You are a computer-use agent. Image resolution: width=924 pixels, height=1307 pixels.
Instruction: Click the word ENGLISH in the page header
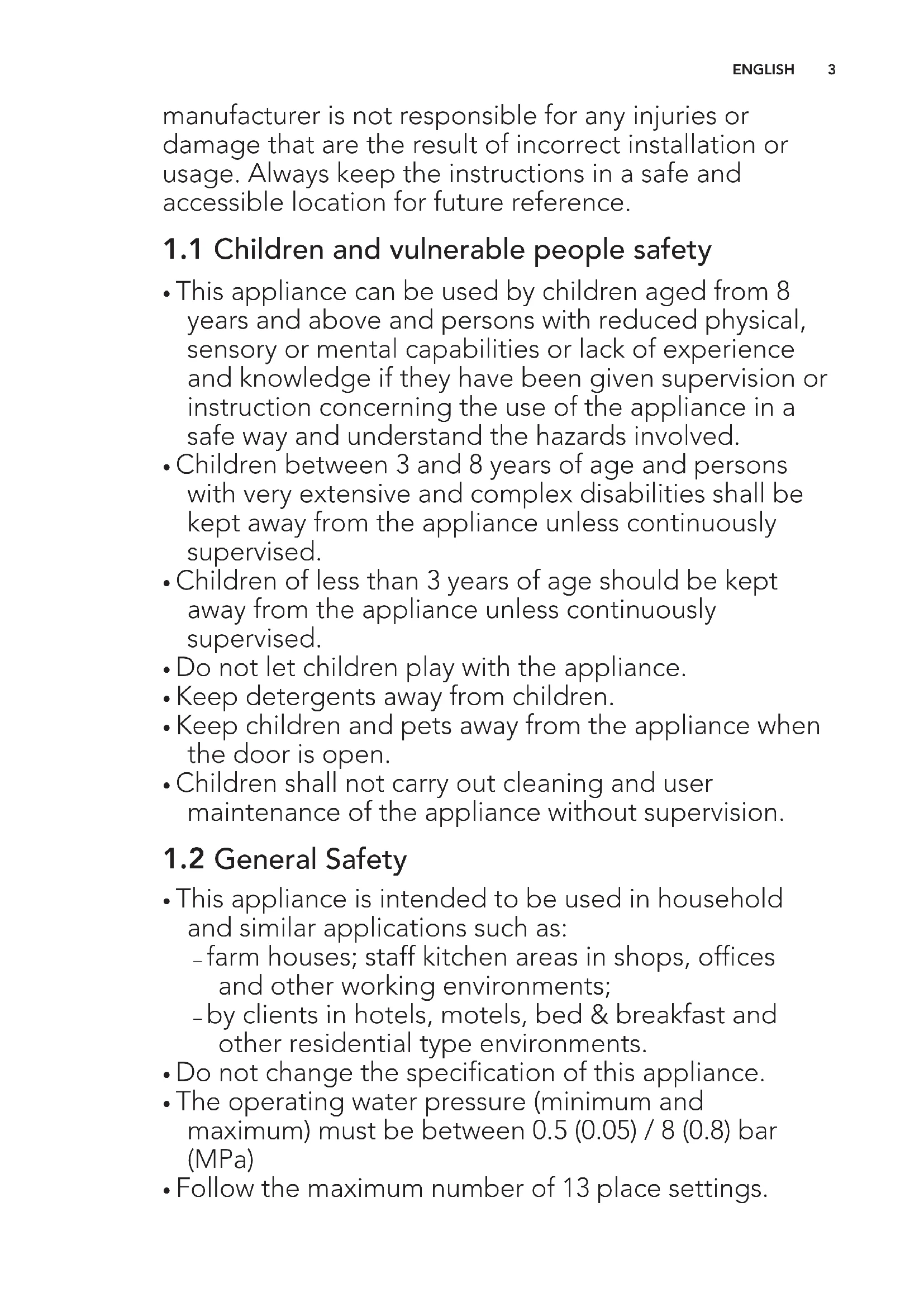763,69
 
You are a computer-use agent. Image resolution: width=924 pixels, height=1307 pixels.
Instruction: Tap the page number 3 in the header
831,69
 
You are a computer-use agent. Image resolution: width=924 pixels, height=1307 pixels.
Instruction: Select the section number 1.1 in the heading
182,250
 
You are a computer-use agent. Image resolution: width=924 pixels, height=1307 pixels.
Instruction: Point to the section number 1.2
183,859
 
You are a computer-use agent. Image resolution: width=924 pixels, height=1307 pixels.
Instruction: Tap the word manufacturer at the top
241,116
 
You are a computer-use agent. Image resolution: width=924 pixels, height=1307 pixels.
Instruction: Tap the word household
720,900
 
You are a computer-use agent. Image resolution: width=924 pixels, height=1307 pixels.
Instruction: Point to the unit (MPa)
220,1159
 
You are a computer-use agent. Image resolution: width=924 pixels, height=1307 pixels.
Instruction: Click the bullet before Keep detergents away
166,698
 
